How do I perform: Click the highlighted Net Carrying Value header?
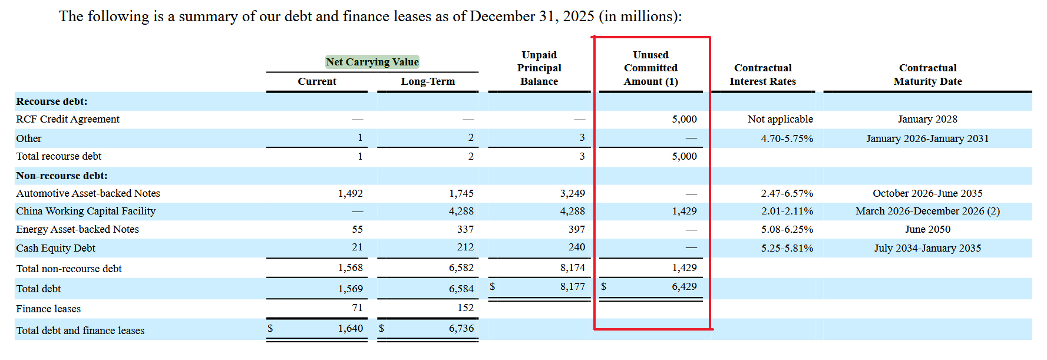point(372,62)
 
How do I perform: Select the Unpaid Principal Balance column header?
point(539,68)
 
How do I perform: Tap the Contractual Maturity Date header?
point(927,75)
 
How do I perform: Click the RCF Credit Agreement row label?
point(68,119)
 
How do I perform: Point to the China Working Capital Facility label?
point(86,211)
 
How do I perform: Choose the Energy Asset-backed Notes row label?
point(78,229)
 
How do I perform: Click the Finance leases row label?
point(48,309)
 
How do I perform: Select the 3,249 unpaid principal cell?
point(572,193)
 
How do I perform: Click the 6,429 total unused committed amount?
point(684,286)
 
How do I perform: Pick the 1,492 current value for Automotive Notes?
point(351,193)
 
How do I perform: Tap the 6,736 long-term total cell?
point(461,328)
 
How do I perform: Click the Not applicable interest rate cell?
point(780,119)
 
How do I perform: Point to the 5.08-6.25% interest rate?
point(787,229)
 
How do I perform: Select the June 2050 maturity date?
point(927,229)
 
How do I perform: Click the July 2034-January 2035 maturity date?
point(927,248)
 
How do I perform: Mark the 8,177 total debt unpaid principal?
point(572,286)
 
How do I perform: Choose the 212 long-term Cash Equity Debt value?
point(465,247)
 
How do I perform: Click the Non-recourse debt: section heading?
point(62,176)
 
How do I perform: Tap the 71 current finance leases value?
point(357,308)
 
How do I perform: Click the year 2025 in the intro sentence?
point(578,16)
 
